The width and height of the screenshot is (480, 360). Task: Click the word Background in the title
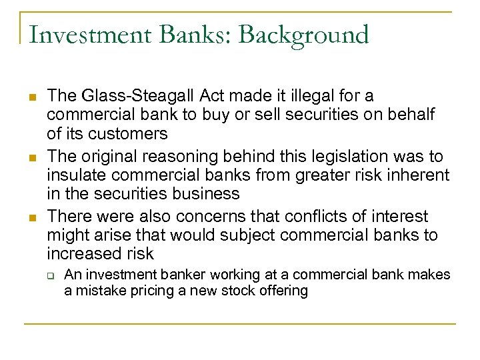pyautogui.click(x=303, y=35)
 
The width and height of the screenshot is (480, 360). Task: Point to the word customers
pyautogui.click(x=128, y=133)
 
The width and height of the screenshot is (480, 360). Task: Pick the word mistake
pyautogui.click(x=99, y=291)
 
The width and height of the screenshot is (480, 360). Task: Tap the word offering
pyautogui.click(x=284, y=291)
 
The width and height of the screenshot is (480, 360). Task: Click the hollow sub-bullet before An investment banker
pyautogui.click(x=50, y=275)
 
